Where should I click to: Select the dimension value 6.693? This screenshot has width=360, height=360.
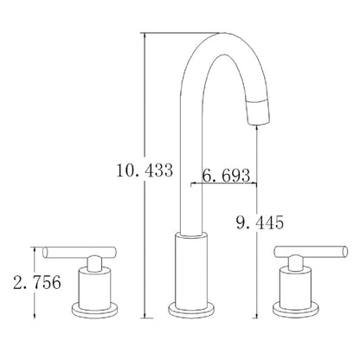coord(227,176)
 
